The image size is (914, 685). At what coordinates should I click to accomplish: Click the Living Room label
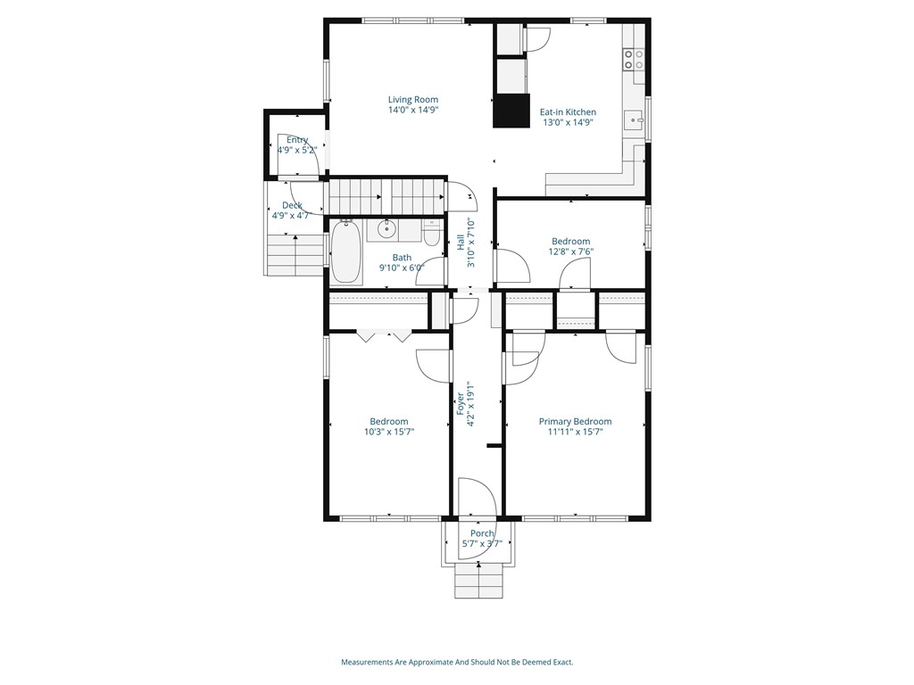(x=413, y=100)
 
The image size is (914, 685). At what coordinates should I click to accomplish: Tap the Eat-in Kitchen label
(x=568, y=112)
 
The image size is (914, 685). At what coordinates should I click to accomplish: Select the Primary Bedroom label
(x=576, y=422)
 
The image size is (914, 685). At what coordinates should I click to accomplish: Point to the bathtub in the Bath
(x=347, y=252)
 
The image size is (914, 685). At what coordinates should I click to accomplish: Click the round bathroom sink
(x=386, y=229)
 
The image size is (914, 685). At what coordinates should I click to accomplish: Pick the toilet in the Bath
(x=432, y=234)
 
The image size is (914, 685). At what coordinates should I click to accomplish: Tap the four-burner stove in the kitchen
(x=634, y=59)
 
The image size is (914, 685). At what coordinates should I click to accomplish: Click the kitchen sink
(x=633, y=120)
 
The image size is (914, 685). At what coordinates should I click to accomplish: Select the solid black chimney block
(x=511, y=111)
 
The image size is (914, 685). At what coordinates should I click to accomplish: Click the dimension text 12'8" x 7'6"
(x=570, y=252)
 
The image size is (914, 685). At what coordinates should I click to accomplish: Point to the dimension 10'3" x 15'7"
(x=389, y=432)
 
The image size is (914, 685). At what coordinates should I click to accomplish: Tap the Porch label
(x=482, y=533)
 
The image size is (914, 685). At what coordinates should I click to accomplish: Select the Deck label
(x=292, y=206)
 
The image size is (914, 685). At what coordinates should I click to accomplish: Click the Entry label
(x=296, y=140)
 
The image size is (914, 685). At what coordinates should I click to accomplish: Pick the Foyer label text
(x=461, y=404)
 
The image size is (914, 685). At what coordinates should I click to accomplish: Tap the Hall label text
(x=461, y=243)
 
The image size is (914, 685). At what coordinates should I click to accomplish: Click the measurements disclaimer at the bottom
(x=457, y=663)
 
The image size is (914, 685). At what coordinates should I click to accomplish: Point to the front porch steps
(x=478, y=582)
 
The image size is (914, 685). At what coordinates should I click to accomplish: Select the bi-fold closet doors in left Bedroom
(x=384, y=336)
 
